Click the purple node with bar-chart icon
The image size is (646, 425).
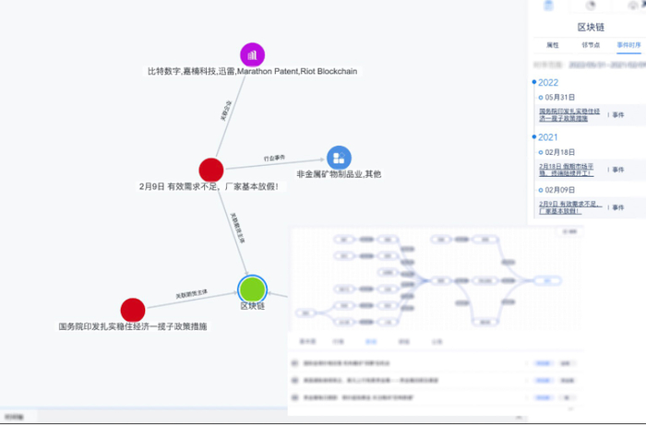(253, 54)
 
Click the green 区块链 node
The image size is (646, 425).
(252, 289)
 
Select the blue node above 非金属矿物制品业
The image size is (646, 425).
(339, 158)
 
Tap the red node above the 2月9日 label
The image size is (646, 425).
(211, 170)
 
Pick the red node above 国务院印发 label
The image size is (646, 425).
(133, 310)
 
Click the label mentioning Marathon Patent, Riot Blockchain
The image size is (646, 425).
(252, 71)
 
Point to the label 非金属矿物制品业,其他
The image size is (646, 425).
(339, 174)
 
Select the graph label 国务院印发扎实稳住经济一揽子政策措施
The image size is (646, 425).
(133, 326)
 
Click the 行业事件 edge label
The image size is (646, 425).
(275, 159)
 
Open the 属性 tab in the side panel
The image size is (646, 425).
(553, 44)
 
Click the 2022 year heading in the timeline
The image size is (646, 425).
(548, 82)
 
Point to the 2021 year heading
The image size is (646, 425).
(548, 137)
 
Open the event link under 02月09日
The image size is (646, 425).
(568, 206)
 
